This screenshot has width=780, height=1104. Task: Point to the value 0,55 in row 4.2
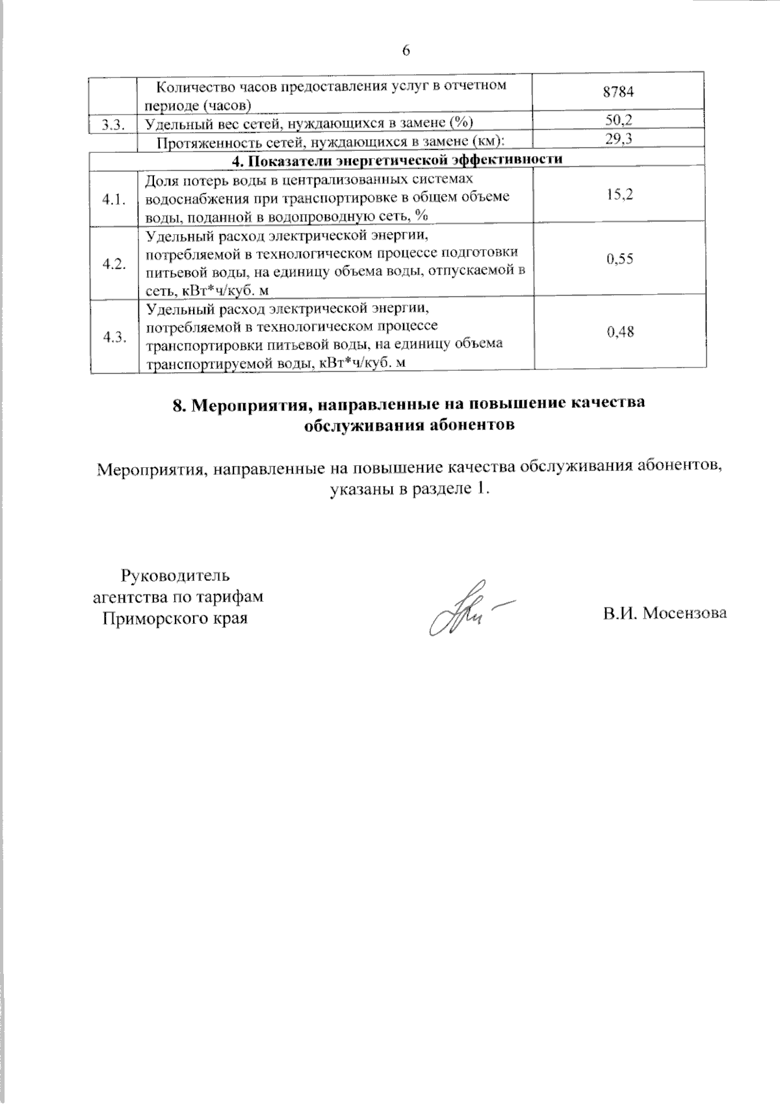pyautogui.click(x=619, y=259)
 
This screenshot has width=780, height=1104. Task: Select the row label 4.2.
pyautogui.click(x=114, y=264)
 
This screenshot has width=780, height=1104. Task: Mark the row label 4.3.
pyautogui.click(x=114, y=336)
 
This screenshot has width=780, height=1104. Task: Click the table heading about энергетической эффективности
pyautogui.click(x=397, y=159)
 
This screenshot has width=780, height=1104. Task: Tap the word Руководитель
pyautogui.click(x=175, y=576)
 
